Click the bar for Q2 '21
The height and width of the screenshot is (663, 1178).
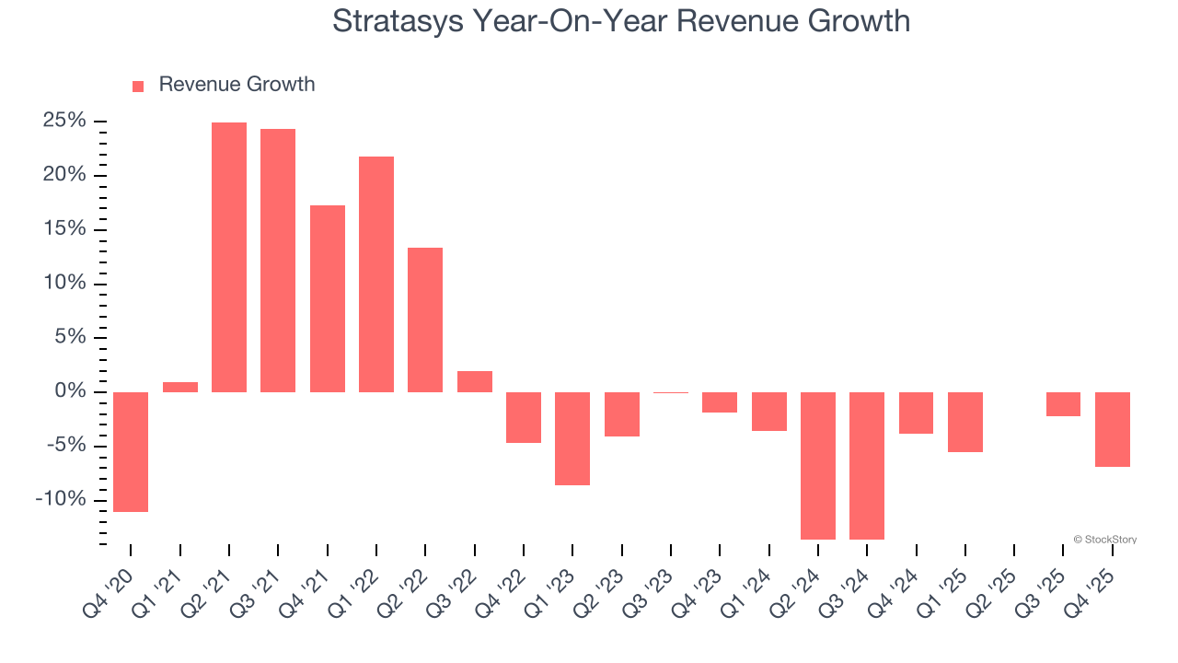click(x=229, y=257)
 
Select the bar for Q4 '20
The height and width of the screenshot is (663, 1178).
click(x=131, y=451)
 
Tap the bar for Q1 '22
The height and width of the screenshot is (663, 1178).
click(x=376, y=273)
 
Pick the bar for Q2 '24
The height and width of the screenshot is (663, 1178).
click(x=818, y=465)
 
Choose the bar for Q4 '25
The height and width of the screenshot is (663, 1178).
click(x=1113, y=429)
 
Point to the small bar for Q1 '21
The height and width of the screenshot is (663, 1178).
click(x=180, y=387)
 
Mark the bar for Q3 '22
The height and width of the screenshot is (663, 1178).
click(x=475, y=381)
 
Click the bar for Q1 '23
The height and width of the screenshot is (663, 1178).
click(x=572, y=438)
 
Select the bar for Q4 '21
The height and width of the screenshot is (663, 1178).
click(x=328, y=298)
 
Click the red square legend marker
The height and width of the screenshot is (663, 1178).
click(x=138, y=86)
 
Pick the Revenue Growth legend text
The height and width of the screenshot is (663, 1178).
click(x=237, y=85)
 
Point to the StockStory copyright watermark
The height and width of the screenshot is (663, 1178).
click(x=1104, y=540)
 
